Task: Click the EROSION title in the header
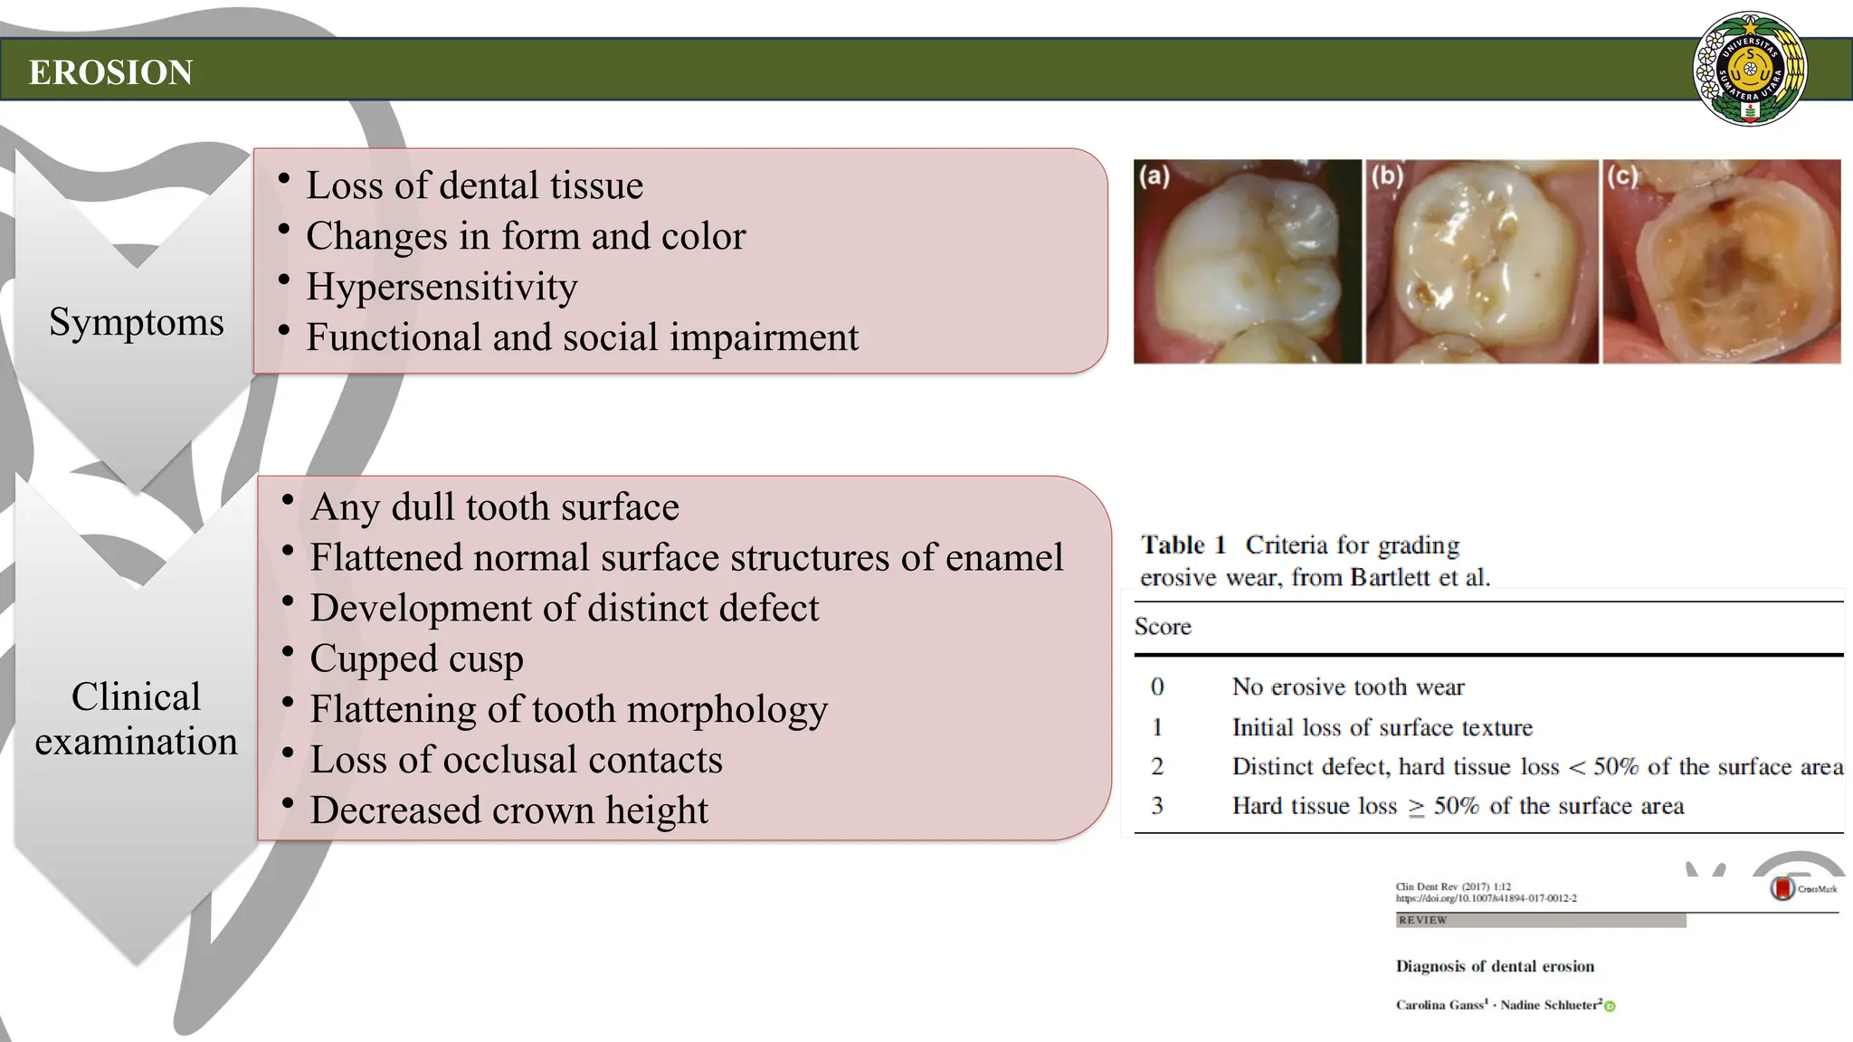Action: (110, 72)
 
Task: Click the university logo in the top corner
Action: (1749, 69)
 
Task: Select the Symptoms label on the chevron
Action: (136, 322)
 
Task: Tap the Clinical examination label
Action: (136, 719)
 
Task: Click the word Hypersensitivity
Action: (442, 287)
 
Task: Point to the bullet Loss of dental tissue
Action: (474, 185)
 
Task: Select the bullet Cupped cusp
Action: (416, 658)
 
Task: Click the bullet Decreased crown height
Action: (508, 810)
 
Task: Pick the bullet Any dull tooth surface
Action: (494, 507)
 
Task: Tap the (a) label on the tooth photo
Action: (1155, 175)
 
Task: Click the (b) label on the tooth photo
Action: (1387, 175)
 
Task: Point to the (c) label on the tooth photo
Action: (1622, 175)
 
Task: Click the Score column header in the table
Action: (1163, 627)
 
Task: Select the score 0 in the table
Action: (1157, 687)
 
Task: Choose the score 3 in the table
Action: (1157, 806)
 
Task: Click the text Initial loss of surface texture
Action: (1382, 728)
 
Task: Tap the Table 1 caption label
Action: (1183, 545)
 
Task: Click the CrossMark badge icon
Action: (1782, 888)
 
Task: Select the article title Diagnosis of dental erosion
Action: (1495, 966)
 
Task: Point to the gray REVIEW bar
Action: (1540, 920)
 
